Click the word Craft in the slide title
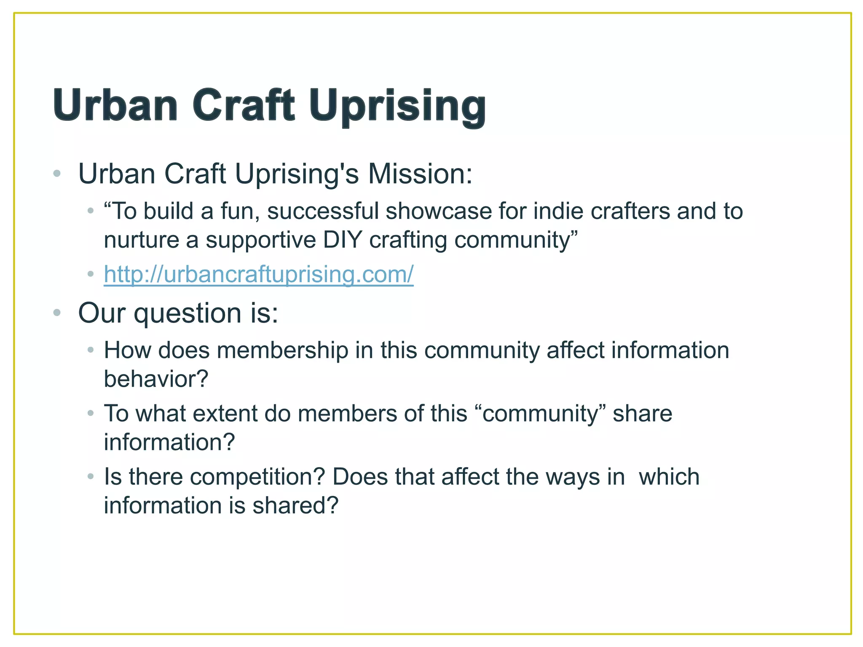pyautogui.click(x=243, y=105)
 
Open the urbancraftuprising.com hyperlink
pyautogui.click(x=258, y=274)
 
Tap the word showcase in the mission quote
pyautogui.click(x=438, y=211)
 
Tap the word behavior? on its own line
pyautogui.click(x=156, y=379)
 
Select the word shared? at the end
pyautogui.click(x=295, y=505)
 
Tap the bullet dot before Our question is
pyautogui.click(x=57, y=313)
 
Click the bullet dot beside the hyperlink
pyautogui.click(x=91, y=274)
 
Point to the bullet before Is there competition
pyautogui.click(x=91, y=477)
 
